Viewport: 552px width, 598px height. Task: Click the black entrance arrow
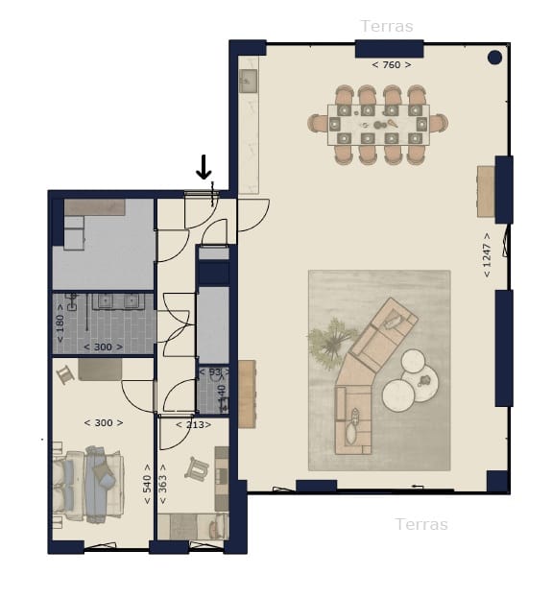coord(204,168)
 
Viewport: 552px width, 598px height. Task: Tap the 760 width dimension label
coord(391,65)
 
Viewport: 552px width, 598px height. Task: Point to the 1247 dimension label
coord(488,254)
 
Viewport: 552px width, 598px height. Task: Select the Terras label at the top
coord(387,26)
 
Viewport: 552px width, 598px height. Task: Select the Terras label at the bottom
coord(421,524)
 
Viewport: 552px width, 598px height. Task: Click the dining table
coord(378,125)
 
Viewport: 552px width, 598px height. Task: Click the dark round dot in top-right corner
coord(494,58)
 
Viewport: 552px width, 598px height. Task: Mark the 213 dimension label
coord(193,423)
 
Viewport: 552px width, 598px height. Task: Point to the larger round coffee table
coord(399,394)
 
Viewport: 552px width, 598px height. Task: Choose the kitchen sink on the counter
coord(248,81)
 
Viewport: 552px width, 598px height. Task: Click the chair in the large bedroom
coord(65,374)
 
